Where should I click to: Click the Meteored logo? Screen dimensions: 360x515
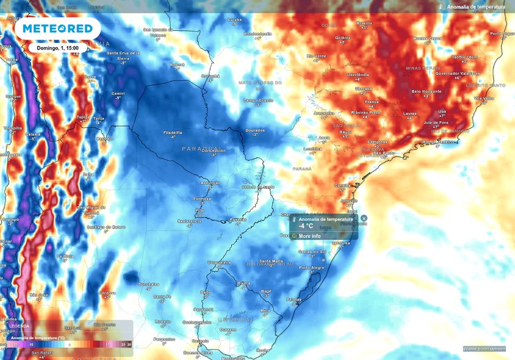point(58,28)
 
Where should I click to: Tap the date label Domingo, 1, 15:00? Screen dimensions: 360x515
point(58,48)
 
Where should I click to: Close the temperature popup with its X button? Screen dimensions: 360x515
point(364,218)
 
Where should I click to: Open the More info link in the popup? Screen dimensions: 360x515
point(309,236)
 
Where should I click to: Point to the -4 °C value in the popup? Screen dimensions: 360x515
point(306,226)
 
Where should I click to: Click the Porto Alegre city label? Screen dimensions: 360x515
point(311,268)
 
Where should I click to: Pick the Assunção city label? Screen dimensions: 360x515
point(210,183)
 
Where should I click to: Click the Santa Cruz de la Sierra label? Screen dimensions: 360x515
point(123,56)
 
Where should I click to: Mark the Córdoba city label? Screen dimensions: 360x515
point(107,293)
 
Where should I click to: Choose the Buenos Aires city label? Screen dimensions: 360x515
point(195,353)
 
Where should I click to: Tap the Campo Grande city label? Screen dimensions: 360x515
point(258,100)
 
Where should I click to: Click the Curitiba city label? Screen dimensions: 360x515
point(342,185)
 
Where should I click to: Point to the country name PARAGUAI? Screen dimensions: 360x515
point(201,148)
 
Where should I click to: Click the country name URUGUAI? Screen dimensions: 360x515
point(235,319)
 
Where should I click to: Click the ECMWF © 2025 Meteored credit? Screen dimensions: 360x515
point(484,349)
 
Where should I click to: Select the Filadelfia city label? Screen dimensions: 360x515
point(173,132)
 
